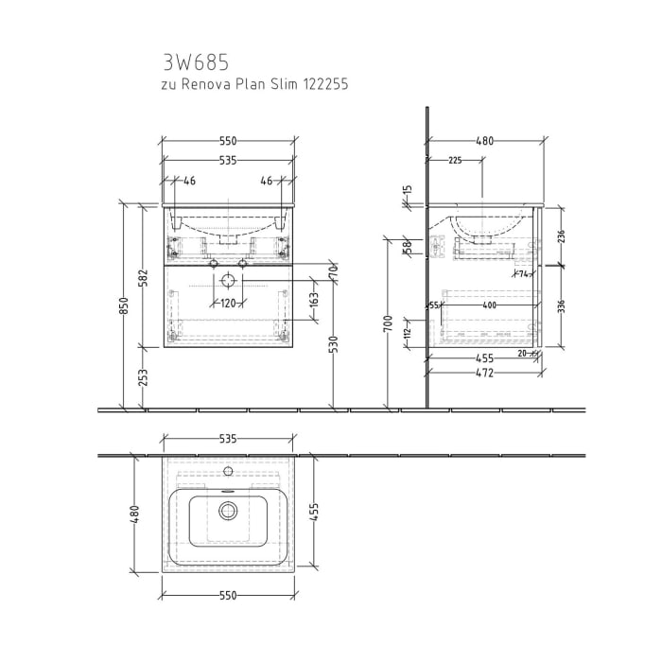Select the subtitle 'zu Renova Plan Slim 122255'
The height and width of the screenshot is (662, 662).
(254, 84)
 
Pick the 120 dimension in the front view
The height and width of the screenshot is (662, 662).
(228, 304)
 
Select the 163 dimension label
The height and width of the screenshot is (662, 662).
(314, 302)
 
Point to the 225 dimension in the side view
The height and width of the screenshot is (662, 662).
(455, 161)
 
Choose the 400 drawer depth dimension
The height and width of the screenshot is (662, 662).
(489, 305)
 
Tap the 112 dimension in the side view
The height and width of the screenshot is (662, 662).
(408, 331)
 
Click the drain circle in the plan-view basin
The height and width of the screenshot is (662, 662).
(227, 511)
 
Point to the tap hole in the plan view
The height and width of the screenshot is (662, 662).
(227, 470)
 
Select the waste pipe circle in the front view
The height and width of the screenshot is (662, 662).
(228, 282)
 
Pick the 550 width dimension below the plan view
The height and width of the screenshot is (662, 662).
(228, 597)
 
